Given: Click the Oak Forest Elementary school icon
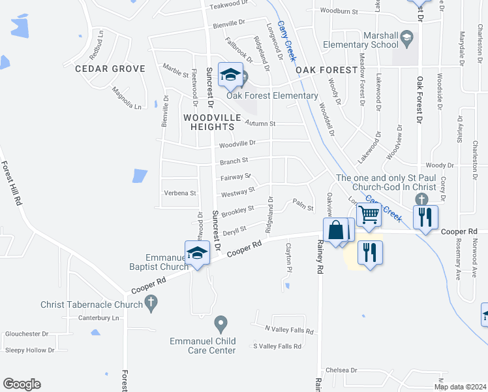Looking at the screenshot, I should coord(230,76).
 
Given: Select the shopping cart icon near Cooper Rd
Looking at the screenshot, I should coord(369,214).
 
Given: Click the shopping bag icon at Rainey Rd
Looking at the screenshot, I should coord(336,231).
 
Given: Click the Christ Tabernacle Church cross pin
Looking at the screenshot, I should coord(151,303).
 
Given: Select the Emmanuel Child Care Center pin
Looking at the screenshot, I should coord(221,323).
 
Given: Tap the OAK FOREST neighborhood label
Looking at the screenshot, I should coord(326,70).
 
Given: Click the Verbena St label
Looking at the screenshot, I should coord(180,193).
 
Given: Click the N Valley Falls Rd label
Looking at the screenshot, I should coord(289,331).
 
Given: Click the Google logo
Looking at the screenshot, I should coord(22,384).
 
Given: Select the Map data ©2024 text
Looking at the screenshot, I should coord(461,387).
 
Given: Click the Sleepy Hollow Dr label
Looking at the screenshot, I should coord(30,350).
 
